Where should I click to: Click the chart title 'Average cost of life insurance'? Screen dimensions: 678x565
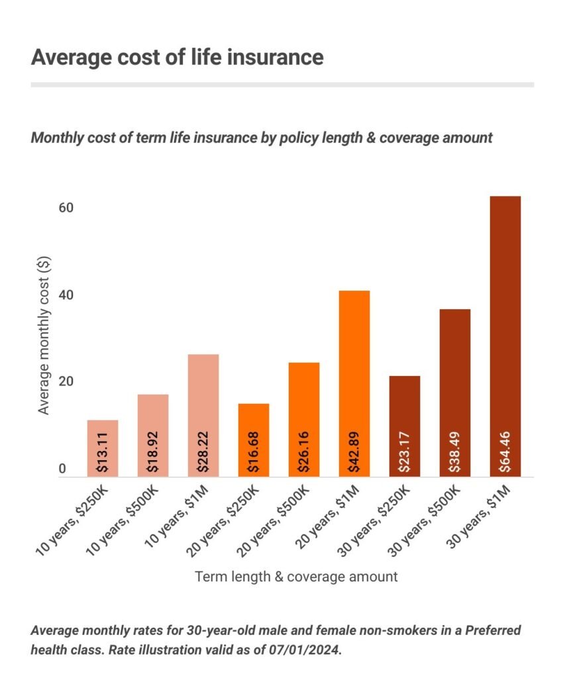click(177, 57)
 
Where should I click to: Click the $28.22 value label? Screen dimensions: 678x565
click(203, 454)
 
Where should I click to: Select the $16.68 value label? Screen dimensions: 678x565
click(254, 454)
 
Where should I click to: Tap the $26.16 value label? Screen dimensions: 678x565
click(304, 454)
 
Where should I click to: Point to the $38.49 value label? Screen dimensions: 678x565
click(455, 454)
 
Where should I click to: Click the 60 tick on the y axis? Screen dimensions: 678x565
click(65, 208)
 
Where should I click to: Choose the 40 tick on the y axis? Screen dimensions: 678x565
click(65, 295)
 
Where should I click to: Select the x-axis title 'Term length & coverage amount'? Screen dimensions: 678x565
click(296, 576)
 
